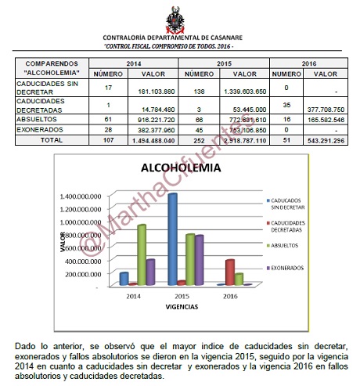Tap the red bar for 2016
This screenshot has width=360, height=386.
pyautogui.click(x=229, y=272)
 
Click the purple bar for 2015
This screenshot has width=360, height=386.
pyautogui.click(x=200, y=259)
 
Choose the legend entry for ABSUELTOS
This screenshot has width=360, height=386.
pyautogui.click(x=282, y=246)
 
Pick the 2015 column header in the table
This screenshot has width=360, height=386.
pyautogui.click(x=225, y=62)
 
